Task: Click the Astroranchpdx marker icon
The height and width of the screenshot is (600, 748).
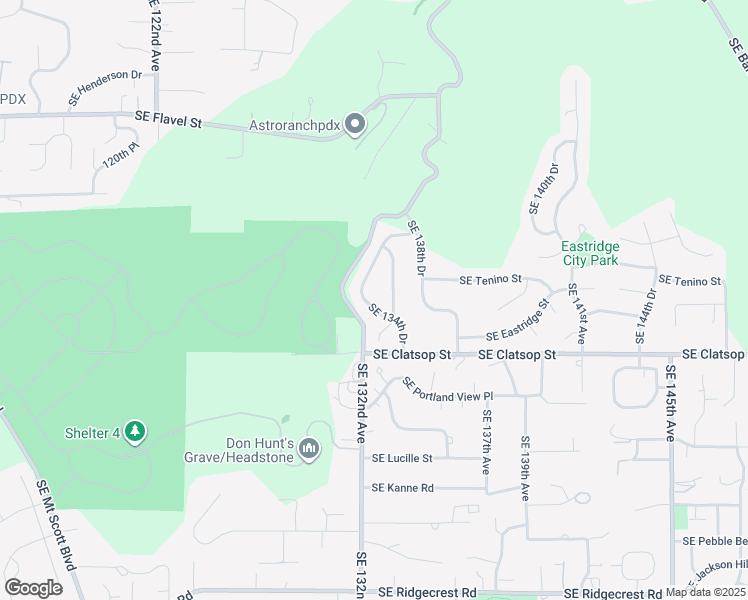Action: [x=355, y=125]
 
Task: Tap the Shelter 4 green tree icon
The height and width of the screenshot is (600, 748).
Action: [x=135, y=432]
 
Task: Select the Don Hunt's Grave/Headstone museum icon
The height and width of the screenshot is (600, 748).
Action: [x=309, y=450]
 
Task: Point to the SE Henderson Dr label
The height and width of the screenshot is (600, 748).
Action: [x=105, y=87]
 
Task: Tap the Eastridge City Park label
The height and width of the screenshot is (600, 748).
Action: [x=590, y=253]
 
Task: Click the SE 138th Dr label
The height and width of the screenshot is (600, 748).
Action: [x=417, y=251]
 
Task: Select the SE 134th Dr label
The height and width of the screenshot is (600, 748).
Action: [x=388, y=321]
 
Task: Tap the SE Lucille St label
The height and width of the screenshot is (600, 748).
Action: [x=401, y=459]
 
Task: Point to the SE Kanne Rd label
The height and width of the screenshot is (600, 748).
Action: [x=403, y=488]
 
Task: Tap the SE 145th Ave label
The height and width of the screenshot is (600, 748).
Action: [x=671, y=403]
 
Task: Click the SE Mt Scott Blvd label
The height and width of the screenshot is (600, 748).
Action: [x=56, y=525]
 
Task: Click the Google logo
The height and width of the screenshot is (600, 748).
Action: [x=33, y=588]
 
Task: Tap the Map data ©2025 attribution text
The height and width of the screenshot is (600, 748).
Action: [x=706, y=592]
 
